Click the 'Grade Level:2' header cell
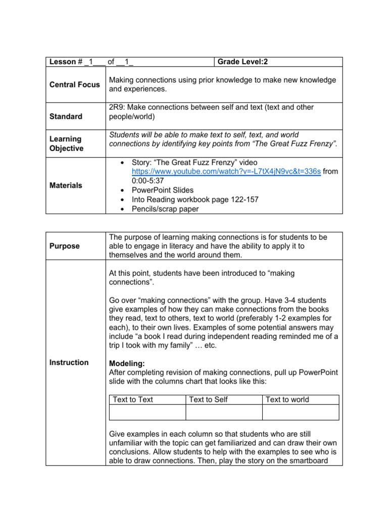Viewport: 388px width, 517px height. tap(243, 62)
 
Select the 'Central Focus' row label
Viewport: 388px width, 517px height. tap(75, 84)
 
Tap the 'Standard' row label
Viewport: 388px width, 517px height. tap(66, 117)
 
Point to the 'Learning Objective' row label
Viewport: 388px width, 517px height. tap(66, 144)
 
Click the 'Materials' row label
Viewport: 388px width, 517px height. tap(66, 185)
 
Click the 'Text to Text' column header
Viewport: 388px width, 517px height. tap(133, 399)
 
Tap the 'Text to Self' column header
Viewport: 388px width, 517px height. tap(208, 399)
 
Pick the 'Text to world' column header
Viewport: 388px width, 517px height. tap(287, 399)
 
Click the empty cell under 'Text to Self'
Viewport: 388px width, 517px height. tap(224, 412)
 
